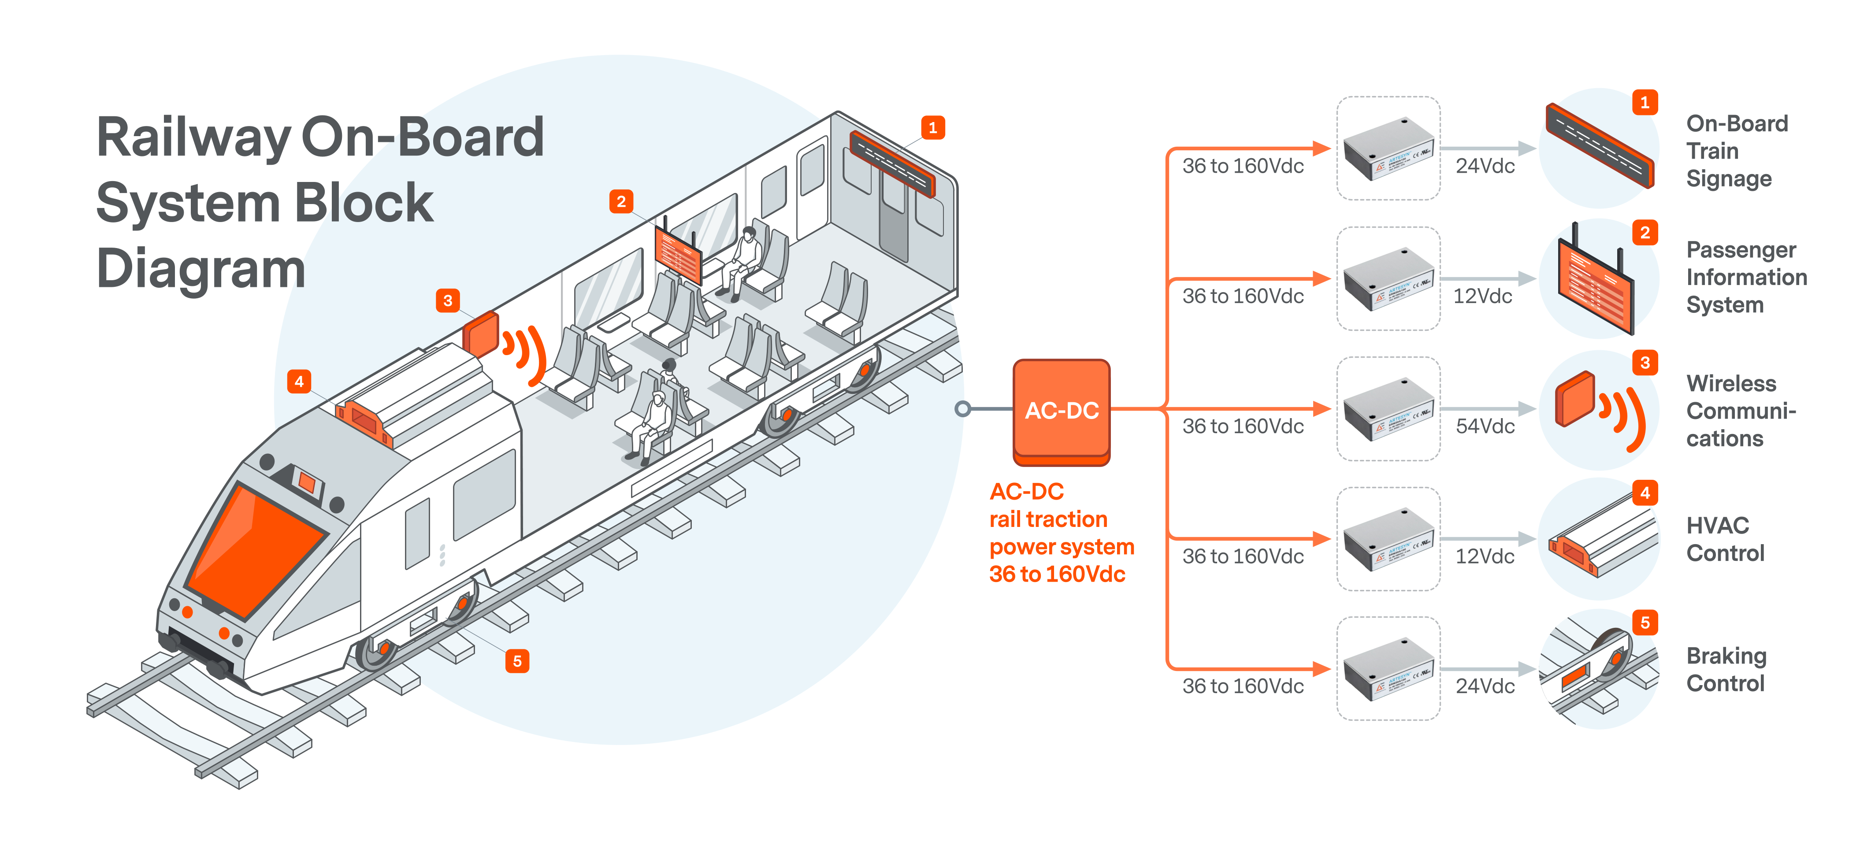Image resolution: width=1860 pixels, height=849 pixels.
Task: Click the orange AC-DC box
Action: coord(1061,411)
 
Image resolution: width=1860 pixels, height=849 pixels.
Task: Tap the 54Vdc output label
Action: coord(1485,426)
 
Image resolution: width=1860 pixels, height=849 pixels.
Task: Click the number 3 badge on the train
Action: coord(448,300)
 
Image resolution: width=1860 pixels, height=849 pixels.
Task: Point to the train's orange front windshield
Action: coord(256,549)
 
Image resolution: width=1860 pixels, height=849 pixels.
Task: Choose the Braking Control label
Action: coord(1726,669)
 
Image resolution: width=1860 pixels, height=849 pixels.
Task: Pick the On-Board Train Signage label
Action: coord(1737,151)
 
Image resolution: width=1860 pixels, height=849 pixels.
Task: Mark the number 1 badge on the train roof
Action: coord(932,128)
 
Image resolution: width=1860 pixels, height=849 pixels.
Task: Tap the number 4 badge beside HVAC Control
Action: coord(1645,493)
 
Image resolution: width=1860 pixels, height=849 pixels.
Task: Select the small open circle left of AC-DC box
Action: coord(962,409)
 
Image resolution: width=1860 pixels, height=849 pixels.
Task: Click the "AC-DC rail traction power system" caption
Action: coord(1060,533)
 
